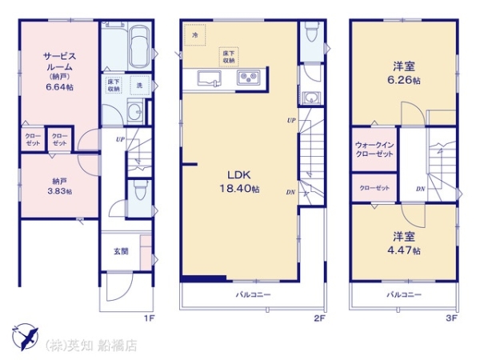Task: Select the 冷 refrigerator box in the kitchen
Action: [194, 35]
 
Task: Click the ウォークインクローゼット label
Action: [374, 149]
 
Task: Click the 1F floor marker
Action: [147, 318]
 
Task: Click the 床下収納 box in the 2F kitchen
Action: [229, 56]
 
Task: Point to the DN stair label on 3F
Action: [420, 188]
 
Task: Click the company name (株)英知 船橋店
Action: [90, 346]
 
